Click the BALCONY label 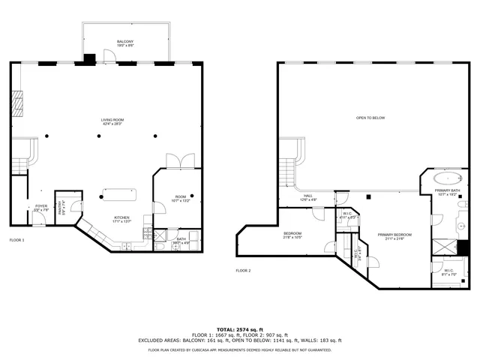[125, 42]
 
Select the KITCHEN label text [121, 219]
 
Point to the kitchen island [120, 195]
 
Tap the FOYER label [40, 208]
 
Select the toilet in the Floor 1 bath [159, 244]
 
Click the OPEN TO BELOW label [370, 118]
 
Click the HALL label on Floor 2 [308, 197]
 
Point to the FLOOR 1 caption [17, 240]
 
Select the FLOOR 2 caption [243, 270]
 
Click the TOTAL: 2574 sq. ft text [239, 329]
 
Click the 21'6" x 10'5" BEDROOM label [292, 235]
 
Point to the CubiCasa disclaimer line [239, 349]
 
